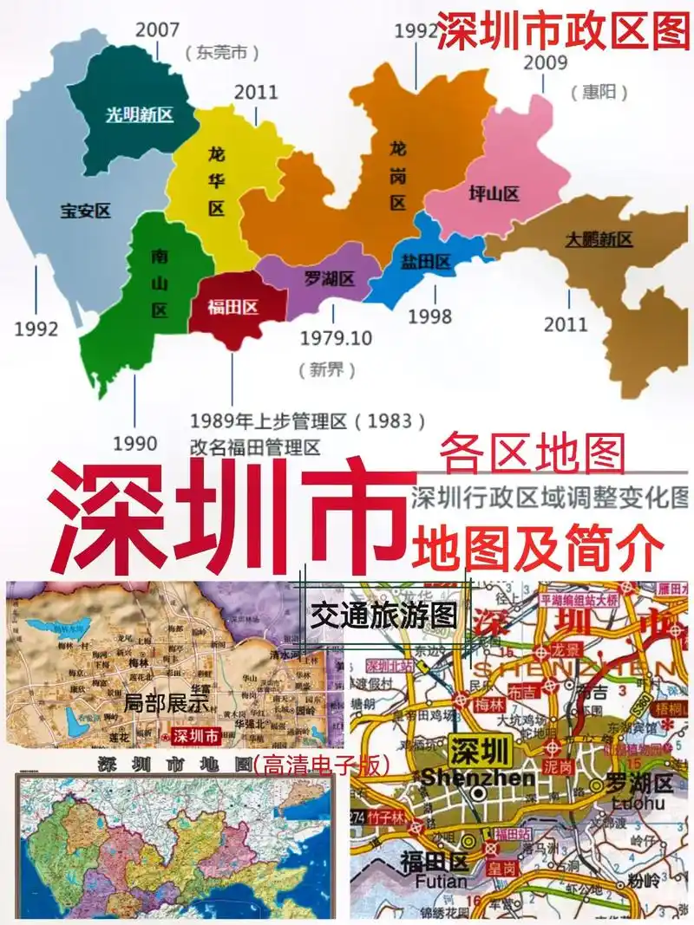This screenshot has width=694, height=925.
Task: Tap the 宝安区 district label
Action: [x=86, y=210]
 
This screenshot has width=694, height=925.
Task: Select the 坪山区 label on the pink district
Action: [x=494, y=193]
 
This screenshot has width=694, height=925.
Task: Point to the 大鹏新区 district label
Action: [x=599, y=239]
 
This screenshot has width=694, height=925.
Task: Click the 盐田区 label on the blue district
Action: [x=426, y=262]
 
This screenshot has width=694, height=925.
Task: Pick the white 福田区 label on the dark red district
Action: [x=233, y=306]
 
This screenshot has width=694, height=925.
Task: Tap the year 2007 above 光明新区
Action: [x=158, y=28]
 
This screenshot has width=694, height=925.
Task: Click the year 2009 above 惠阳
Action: [x=545, y=62]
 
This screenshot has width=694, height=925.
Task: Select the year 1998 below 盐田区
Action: [x=429, y=316]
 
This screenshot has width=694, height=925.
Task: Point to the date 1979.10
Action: [x=336, y=337]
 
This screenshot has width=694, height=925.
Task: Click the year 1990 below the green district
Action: [x=134, y=444]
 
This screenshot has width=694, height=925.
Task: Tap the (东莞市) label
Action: [x=222, y=53]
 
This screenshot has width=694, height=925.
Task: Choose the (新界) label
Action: [x=327, y=371]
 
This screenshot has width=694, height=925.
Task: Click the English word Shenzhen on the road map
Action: [x=477, y=778]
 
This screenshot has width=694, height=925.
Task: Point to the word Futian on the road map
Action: [x=433, y=882]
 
